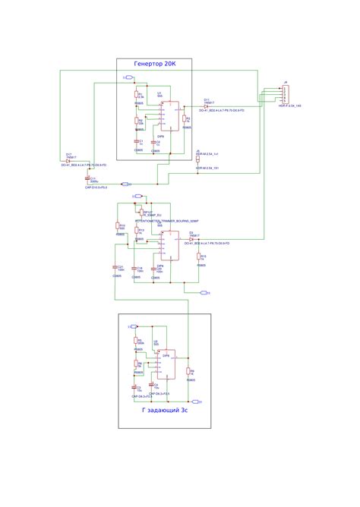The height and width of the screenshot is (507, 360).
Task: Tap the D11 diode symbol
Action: click(207, 106)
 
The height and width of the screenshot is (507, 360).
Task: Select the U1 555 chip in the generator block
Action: click(172, 115)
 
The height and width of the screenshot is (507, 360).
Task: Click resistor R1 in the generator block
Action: click(137, 96)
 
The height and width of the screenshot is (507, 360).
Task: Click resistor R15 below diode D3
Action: click(200, 258)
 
